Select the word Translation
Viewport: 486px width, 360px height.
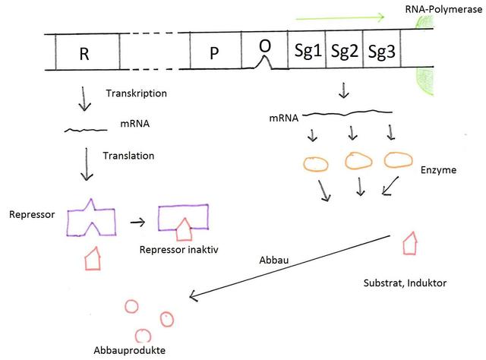[128, 156]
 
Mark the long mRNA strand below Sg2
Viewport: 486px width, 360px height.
[349, 115]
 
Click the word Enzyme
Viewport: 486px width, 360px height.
[437, 171]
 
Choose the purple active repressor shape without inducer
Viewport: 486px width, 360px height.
[90, 218]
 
